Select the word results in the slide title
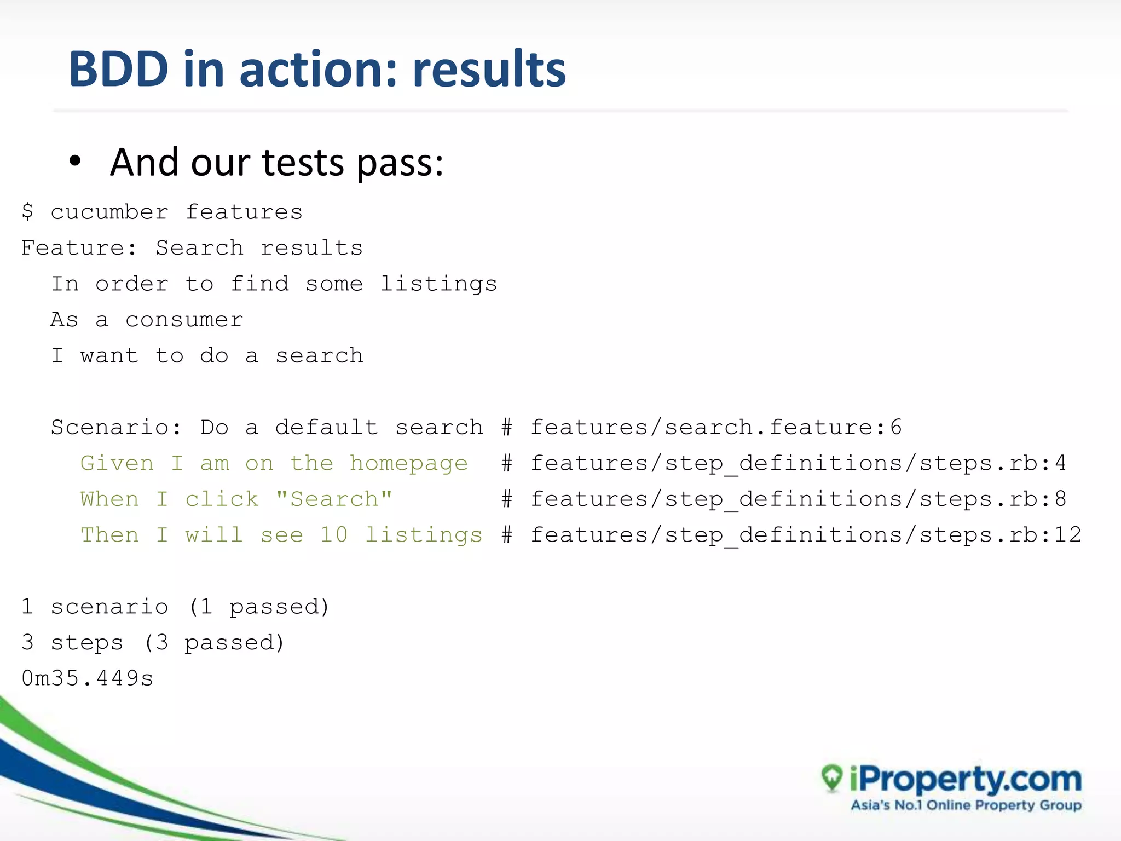(489, 70)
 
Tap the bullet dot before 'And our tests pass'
(75, 162)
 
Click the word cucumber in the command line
(109, 212)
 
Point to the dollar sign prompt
(27, 212)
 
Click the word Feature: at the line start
(79, 249)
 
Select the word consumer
(184, 320)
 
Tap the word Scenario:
(116, 428)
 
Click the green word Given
(117, 464)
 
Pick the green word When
(109, 499)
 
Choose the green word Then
(109, 535)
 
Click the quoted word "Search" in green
(334, 499)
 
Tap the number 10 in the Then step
(334, 535)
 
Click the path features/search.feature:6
(716, 428)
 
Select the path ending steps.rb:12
(806, 535)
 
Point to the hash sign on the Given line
(507, 464)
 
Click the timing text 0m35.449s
(88, 679)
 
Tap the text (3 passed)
(214, 643)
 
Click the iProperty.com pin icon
(832, 777)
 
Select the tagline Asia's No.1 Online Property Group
(966, 805)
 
